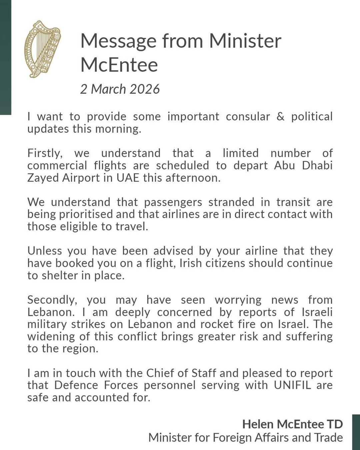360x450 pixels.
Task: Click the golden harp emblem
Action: pos(42,49)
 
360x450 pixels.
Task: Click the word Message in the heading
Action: pos(118,41)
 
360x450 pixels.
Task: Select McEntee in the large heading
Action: pos(119,65)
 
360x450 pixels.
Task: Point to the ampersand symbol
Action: pos(281,117)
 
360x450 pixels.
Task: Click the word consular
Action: pos(248,117)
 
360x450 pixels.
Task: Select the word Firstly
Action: pos(45,153)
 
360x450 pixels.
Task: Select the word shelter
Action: pos(59,275)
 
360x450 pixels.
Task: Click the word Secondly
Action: pos(52,300)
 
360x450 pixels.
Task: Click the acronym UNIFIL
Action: pos(292,385)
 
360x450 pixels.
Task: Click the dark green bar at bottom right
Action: pos(356,432)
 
